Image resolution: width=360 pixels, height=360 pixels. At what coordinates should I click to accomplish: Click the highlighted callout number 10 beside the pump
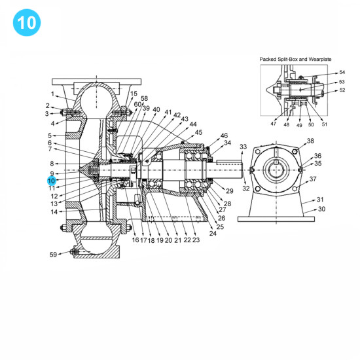pos(51,180)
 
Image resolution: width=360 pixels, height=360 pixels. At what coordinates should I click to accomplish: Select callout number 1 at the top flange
pos(53,94)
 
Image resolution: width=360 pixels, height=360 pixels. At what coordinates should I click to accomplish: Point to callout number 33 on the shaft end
pos(243,147)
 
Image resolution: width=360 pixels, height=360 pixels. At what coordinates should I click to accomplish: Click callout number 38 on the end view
pos(310,141)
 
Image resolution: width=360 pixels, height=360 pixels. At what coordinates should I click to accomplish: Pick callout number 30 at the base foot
pos(321,209)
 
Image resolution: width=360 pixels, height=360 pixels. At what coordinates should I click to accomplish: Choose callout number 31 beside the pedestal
pos(320,200)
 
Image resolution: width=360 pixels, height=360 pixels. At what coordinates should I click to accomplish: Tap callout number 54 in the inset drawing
pos(342,73)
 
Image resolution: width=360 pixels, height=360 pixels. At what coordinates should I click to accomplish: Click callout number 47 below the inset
pos(273,124)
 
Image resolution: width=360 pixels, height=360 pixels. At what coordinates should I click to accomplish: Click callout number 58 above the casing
pos(144,98)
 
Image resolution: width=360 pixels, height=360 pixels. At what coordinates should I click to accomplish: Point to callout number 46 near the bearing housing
pos(224,135)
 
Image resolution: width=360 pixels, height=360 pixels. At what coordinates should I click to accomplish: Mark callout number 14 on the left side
pos(54,211)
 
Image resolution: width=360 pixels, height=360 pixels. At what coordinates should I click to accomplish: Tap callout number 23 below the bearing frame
pos(196,240)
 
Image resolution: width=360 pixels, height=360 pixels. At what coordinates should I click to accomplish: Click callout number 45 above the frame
pos(199,132)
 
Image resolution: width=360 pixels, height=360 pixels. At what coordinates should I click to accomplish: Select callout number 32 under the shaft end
pos(246,189)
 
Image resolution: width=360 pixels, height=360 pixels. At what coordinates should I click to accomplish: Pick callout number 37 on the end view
pos(313,179)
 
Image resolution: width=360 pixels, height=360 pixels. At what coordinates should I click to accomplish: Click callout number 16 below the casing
pos(135,240)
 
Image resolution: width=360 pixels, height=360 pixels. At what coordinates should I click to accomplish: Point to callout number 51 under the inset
pos(325,124)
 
